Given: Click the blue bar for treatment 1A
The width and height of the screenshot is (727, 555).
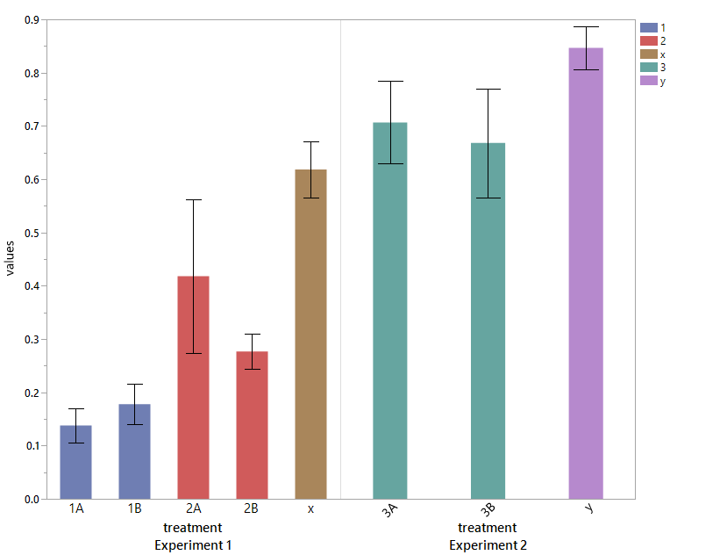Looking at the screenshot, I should tap(75, 462).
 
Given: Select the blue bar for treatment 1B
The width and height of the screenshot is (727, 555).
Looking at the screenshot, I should tap(134, 451).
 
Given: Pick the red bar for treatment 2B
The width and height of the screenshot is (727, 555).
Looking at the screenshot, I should tap(252, 425).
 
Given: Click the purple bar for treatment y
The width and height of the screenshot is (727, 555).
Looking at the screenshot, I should tap(586, 273).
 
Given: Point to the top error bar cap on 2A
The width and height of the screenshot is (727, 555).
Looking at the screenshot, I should tap(193, 200).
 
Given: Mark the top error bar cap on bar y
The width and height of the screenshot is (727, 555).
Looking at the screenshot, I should tap(586, 27).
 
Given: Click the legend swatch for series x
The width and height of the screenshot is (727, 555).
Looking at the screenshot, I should tap(649, 54).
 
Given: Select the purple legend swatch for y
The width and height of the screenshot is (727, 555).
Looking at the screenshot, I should tap(649, 81).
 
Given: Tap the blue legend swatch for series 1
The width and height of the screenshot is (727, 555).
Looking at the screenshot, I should tap(649, 28).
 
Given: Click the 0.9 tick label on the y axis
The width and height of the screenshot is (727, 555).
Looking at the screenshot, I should tap(32, 20).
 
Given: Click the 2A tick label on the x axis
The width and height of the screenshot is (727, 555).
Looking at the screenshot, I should tap(193, 509).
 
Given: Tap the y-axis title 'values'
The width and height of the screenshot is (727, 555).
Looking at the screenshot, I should tap(11, 258).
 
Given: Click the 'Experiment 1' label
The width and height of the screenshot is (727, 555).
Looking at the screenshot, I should tap(193, 545).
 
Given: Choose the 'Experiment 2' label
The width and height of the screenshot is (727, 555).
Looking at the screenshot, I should tap(488, 545).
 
